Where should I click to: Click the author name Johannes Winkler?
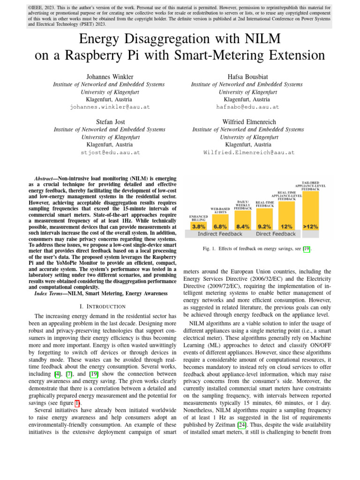tap(110, 77)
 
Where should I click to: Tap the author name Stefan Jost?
tap(110, 122)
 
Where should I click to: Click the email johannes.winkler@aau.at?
tap(110, 107)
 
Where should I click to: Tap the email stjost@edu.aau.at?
tap(110, 152)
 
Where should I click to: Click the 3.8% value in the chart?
tap(198, 226)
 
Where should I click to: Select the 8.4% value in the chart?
tap(242, 226)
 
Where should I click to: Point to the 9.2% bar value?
tap(265, 226)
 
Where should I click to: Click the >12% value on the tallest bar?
tap(310, 226)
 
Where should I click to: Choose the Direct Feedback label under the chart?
tap(276, 234)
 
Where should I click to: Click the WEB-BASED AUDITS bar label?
tap(220, 210)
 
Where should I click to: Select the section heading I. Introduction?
tap(104, 306)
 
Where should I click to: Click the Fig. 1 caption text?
tap(256, 249)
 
